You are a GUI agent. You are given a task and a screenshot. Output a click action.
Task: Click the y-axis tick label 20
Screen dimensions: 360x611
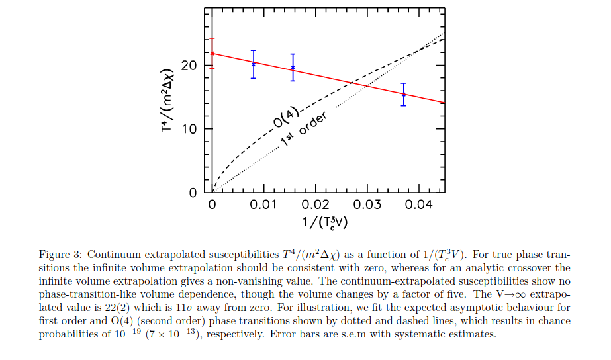coord(188,66)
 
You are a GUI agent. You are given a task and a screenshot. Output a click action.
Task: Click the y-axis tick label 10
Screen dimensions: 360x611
coord(188,130)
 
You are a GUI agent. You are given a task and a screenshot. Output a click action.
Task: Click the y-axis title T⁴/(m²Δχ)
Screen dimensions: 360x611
coord(167,99)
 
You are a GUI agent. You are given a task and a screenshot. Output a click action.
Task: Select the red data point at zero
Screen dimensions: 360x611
coord(212,53)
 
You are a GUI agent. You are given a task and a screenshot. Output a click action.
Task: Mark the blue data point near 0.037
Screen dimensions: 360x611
coord(403,95)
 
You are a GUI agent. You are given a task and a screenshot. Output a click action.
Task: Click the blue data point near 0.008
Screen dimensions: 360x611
coord(253,64)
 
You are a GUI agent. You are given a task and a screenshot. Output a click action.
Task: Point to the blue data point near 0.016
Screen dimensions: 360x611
coord(293,67)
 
